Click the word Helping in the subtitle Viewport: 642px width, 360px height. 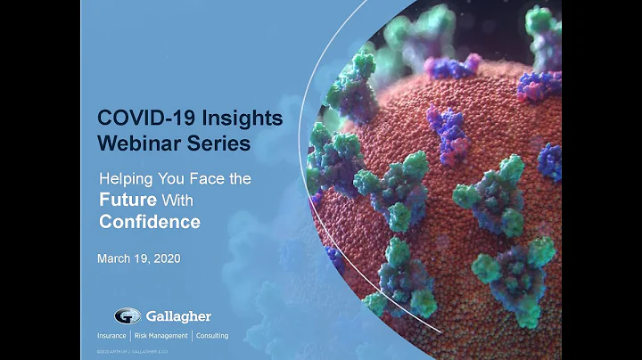tap(121, 179)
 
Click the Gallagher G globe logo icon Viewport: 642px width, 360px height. tap(127, 315)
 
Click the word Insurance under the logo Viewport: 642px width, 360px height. tap(114, 336)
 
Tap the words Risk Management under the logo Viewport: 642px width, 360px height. tap(161, 336)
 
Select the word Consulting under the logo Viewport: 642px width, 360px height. tap(212, 336)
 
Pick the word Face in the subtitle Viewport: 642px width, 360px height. tap(202, 179)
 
